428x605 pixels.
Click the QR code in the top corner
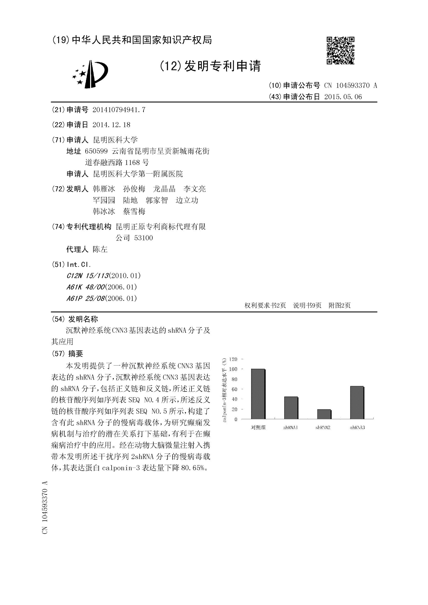(x=340, y=50)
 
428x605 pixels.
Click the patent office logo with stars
(x=90, y=74)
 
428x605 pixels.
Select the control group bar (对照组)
(x=258, y=394)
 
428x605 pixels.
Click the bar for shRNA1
(x=291, y=408)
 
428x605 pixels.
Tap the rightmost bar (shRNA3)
(x=357, y=403)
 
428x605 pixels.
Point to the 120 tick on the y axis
(x=233, y=359)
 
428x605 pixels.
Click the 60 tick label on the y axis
(x=234, y=389)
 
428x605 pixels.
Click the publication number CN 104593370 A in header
(x=351, y=85)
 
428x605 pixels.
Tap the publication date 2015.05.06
(x=343, y=97)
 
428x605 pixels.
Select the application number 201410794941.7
(x=119, y=110)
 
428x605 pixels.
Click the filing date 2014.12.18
(x=111, y=125)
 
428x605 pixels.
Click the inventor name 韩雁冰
(x=104, y=189)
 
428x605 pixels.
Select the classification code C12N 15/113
(x=88, y=276)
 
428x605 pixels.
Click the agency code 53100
(x=143, y=238)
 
